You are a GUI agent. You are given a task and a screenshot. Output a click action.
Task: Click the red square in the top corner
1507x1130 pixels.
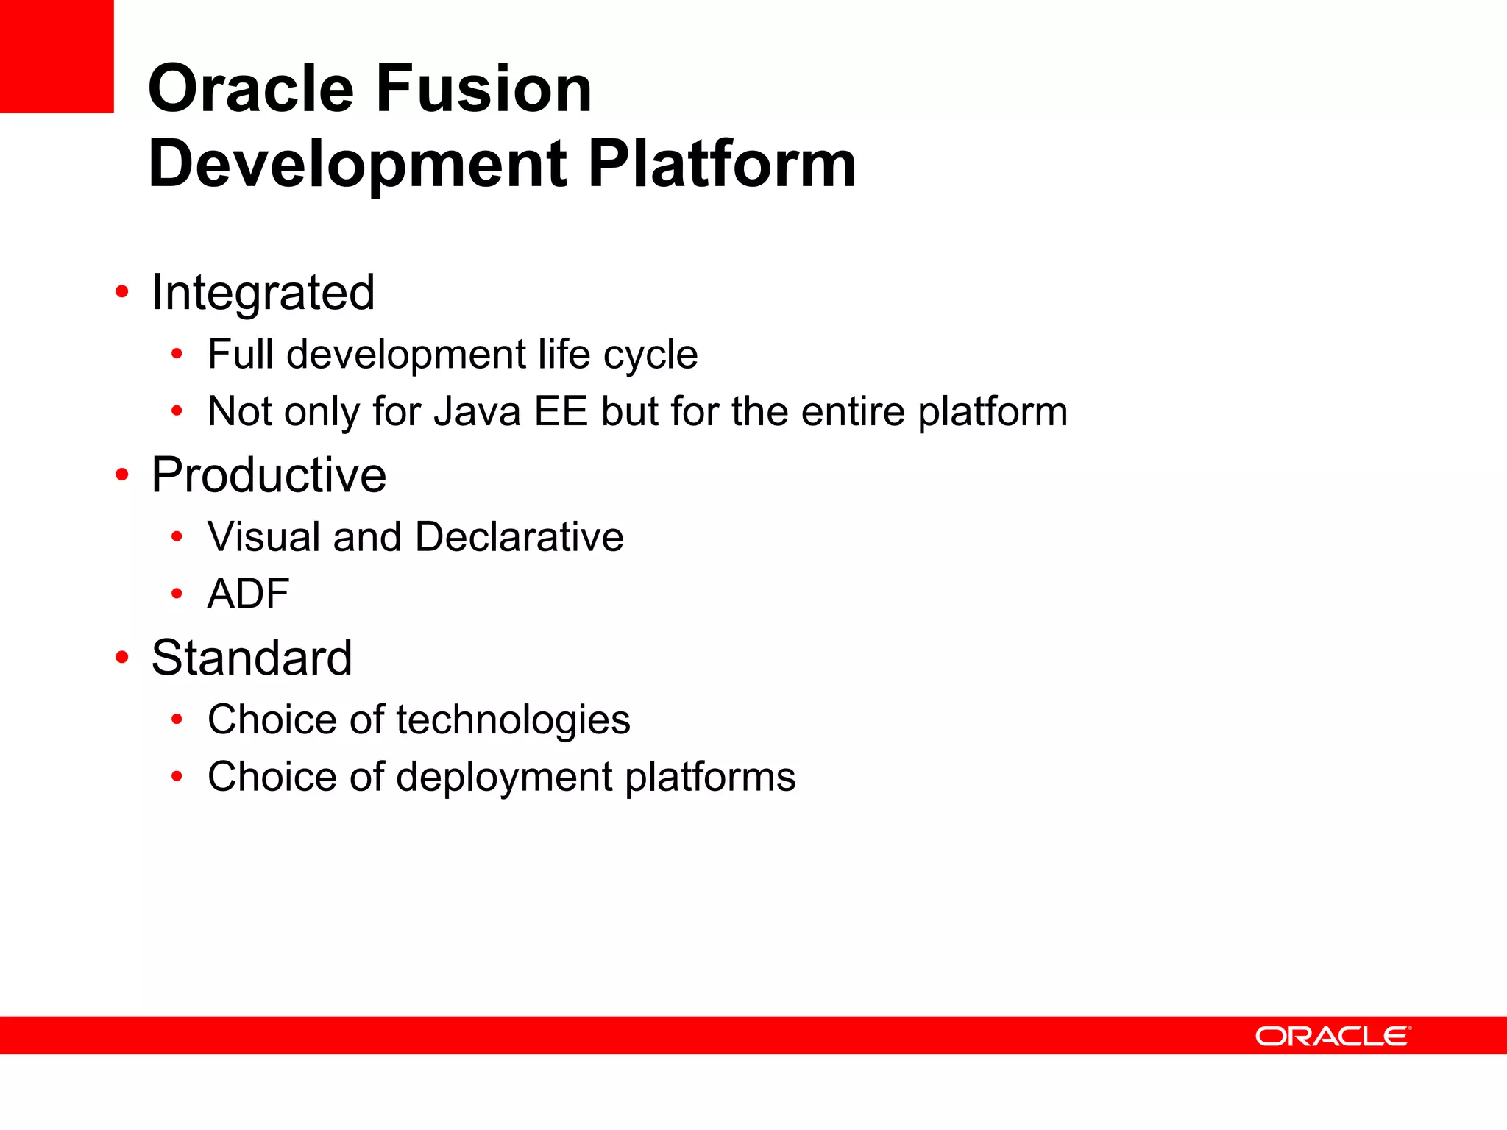[x=56, y=56]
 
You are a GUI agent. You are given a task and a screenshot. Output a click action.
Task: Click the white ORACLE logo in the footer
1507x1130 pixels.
[x=1333, y=1036]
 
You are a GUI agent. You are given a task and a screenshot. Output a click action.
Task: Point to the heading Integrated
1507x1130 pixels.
[x=263, y=293]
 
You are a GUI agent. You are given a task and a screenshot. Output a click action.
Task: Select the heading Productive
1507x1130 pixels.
[x=269, y=475]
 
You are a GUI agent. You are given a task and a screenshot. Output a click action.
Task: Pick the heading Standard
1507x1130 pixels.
[x=252, y=658]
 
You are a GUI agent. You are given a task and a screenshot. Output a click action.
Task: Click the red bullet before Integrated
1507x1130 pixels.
[x=122, y=293]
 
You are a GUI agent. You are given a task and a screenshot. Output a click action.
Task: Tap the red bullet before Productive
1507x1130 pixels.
[x=122, y=475]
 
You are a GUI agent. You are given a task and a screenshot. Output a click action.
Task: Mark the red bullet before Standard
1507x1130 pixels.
[x=122, y=658]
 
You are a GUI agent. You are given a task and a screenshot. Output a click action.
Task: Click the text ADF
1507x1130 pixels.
[x=248, y=594]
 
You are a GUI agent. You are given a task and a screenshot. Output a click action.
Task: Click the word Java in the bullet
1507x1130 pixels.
[x=477, y=411]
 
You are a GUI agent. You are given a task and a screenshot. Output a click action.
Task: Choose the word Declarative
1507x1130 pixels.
[x=519, y=537]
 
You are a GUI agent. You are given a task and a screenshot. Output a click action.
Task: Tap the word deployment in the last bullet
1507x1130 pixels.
[x=504, y=777]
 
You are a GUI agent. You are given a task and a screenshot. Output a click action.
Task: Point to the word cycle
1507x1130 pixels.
[x=650, y=355]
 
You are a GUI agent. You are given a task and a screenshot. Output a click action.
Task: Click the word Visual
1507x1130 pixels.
[x=263, y=537]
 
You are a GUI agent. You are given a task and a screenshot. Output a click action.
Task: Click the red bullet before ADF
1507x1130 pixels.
[x=177, y=594]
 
